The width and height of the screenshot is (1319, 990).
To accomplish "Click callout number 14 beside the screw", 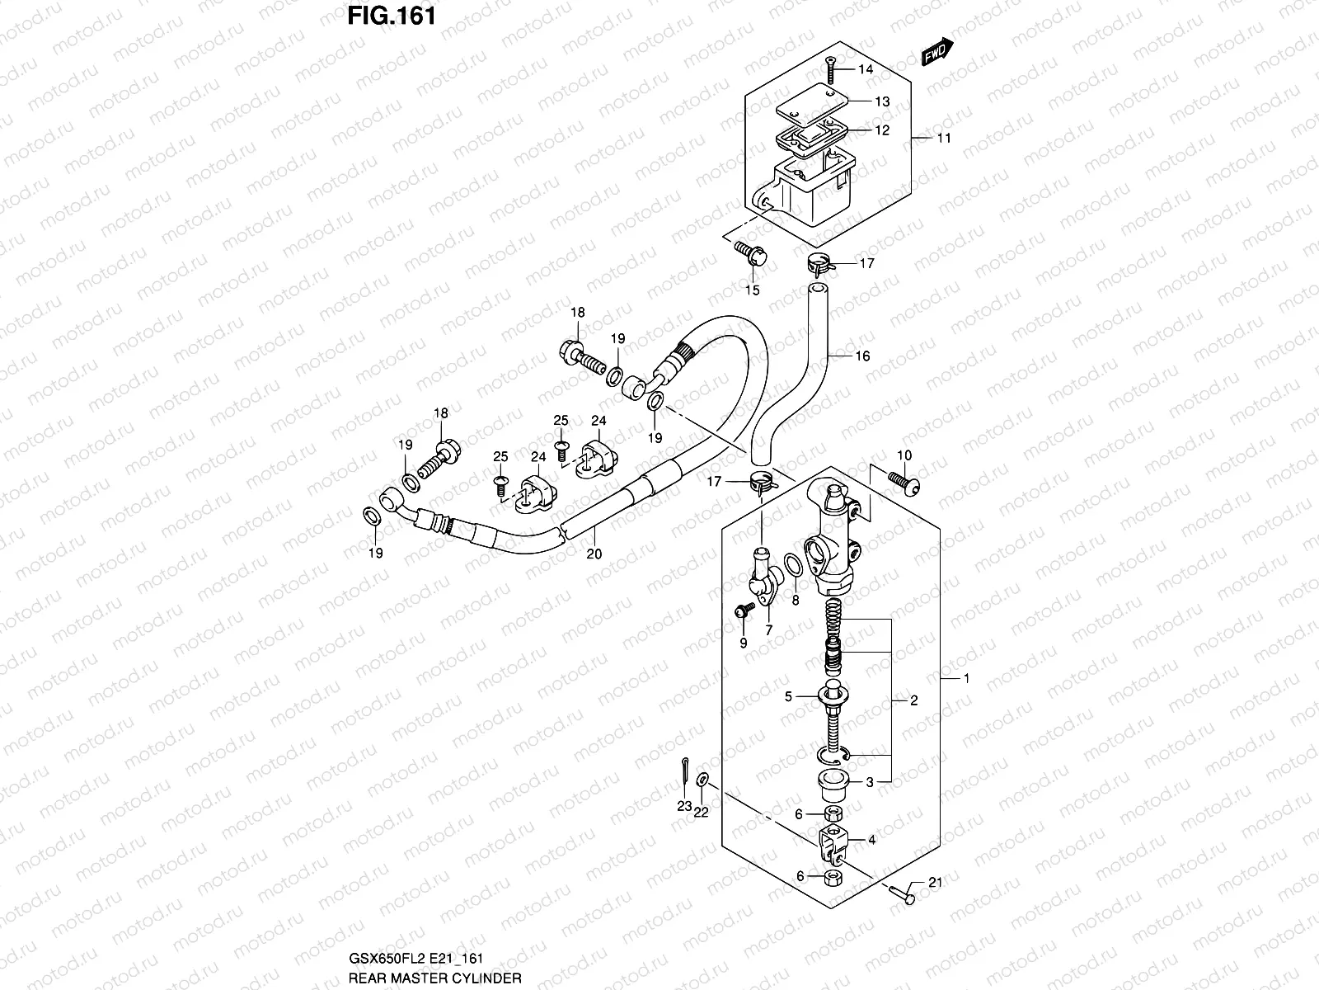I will pos(865,69).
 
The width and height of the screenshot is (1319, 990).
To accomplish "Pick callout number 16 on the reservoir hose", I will pos(862,356).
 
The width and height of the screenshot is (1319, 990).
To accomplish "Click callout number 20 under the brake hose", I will pos(594,554).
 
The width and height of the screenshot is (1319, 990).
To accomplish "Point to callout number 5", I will pos(788,697).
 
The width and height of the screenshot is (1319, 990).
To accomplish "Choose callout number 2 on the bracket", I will pos(913,700).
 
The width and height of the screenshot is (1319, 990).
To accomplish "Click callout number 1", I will pos(966,678).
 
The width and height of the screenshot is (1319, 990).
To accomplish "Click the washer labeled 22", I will pos(702,779).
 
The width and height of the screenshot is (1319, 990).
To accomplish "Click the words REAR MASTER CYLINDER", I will pos(434,978).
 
